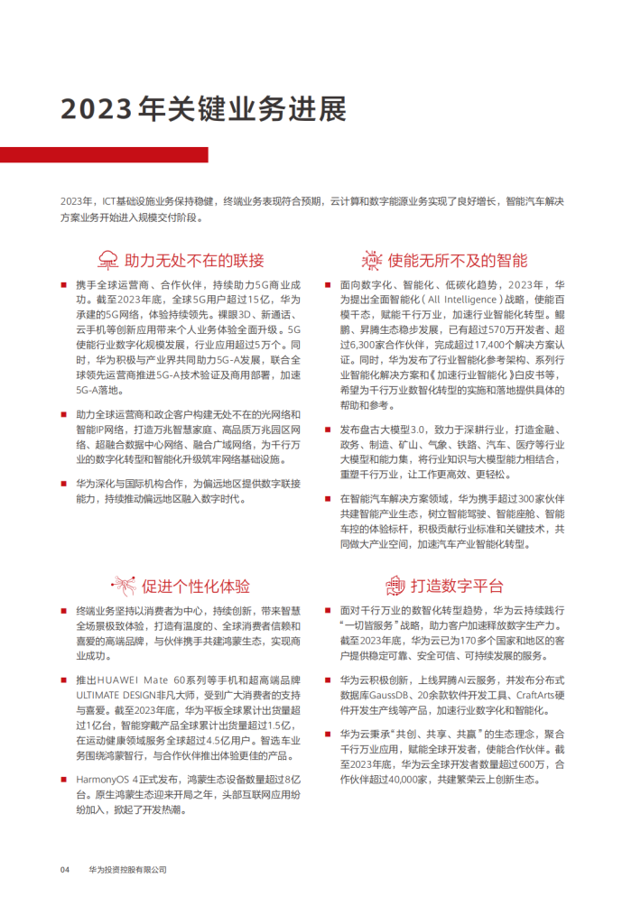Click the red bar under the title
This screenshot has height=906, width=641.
(x=104, y=155)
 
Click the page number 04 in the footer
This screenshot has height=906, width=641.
(x=65, y=870)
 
